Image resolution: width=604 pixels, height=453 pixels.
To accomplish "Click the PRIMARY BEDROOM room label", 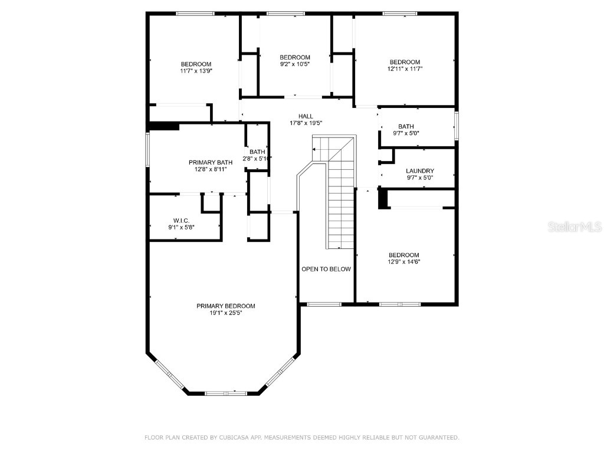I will [x=226, y=306].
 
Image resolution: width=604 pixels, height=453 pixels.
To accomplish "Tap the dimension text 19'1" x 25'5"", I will [x=226, y=313].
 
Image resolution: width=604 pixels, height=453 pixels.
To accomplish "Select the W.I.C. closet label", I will [x=180, y=220].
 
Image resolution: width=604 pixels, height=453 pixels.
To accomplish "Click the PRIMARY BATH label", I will [x=210, y=162].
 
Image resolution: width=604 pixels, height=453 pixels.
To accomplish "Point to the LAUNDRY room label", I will [x=420, y=171].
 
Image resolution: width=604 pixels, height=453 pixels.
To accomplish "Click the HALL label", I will [x=306, y=116].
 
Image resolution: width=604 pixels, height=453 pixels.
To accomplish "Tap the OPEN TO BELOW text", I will [x=326, y=269].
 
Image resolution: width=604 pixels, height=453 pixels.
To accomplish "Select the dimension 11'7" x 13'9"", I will [x=196, y=71].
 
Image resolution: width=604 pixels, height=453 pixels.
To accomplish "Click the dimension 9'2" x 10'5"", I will [x=295, y=64].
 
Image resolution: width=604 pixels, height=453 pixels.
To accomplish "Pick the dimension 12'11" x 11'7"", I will [x=405, y=69].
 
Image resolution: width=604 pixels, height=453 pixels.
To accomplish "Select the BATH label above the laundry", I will [x=406, y=126].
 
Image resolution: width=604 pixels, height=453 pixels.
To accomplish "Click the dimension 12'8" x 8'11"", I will [x=210, y=169].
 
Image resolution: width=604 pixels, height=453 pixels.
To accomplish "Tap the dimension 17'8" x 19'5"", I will [x=306, y=123].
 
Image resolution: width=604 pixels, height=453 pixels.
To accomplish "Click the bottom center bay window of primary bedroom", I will [x=226, y=392].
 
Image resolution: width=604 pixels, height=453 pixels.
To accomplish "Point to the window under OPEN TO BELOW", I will [x=324, y=304].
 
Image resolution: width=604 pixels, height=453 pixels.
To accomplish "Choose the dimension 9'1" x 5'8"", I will [x=180, y=227].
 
